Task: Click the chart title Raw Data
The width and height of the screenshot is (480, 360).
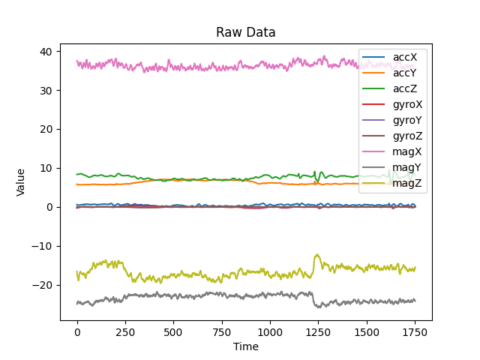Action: click(x=246, y=32)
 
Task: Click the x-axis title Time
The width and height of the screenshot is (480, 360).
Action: click(x=246, y=346)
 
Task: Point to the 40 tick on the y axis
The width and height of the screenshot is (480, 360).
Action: click(x=46, y=52)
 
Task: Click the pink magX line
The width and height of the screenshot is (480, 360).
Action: click(x=225, y=67)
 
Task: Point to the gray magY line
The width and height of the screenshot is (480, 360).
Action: click(x=225, y=295)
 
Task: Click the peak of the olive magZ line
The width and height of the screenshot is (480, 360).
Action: click(x=317, y=255)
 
